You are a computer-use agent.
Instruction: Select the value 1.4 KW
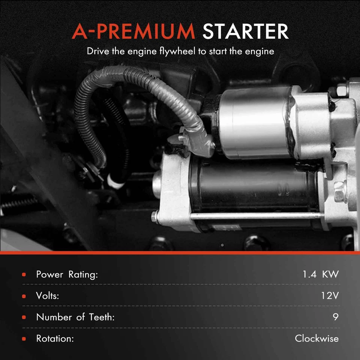320,274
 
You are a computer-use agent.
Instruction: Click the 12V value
330,296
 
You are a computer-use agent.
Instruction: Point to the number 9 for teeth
335,317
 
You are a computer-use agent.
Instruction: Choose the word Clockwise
316,339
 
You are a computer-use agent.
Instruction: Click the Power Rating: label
67,274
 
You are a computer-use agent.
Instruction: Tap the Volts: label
48,296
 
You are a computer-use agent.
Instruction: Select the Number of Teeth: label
75,317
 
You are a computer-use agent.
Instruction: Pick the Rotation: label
54,339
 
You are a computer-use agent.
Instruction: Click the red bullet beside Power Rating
24,275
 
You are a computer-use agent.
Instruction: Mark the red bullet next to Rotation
24,339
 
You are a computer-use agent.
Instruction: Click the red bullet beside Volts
24,296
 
